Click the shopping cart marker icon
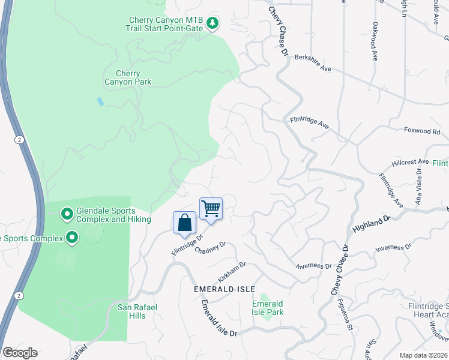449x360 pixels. click(211, 209)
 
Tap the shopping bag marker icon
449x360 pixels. click(184, 223)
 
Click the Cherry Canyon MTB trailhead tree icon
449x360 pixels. click(212, 23)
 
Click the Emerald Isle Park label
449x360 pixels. click(268, 308)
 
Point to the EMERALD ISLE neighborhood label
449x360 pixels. click(221, 289)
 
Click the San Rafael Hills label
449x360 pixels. click(137, 311)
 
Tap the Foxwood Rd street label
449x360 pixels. click(421, 131)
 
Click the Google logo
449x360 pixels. click(20, 353)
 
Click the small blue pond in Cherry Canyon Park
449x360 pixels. click(100, 101)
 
